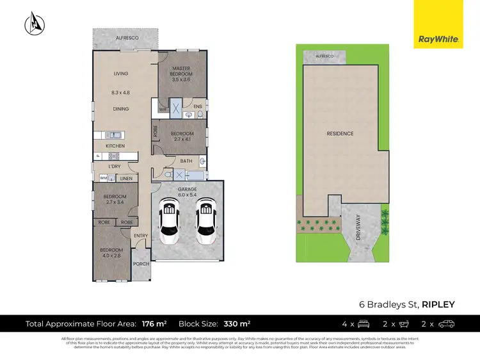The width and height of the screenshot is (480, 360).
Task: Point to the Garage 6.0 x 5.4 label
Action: (x=187, y=193)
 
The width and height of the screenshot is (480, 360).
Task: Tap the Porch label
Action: (x=141, y=263)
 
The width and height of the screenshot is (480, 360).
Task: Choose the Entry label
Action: (x=141, y=236)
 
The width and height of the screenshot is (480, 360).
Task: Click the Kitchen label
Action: (x=115, y=146)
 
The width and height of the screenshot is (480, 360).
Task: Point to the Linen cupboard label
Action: (x=127, y=178)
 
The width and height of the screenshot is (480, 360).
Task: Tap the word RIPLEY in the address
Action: (x=438, y=304)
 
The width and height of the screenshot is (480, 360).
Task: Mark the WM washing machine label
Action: (x=103, y=178)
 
